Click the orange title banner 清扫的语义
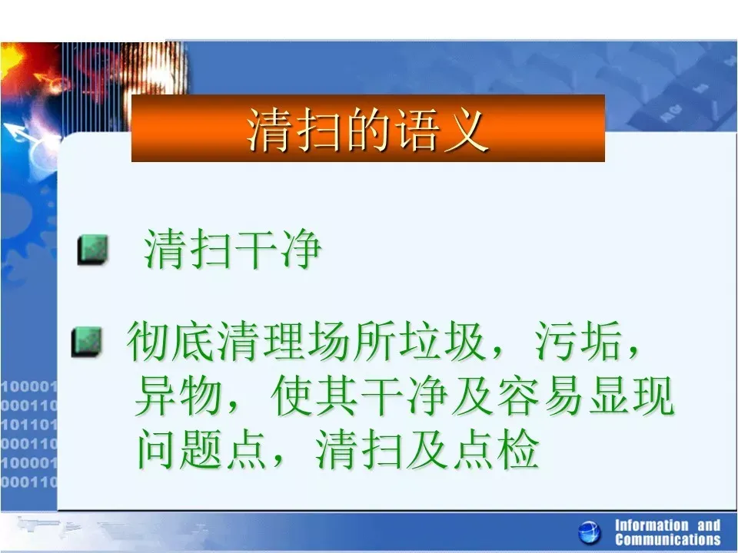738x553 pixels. [x=368, y=128]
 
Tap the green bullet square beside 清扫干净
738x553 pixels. [x=93, y=250]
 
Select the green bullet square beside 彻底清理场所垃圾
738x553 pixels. [x=87, y=341]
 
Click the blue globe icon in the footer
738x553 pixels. [x=589, y=533]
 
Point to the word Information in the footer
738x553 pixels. [x=651, y=525]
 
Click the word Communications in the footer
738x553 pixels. [x=668, y=539]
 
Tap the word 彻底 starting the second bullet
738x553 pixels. [x=169, y=342]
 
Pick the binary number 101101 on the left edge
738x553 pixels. [x=28, y=425]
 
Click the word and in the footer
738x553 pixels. [x=709, y=525]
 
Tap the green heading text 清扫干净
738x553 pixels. [x=232, y=249]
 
